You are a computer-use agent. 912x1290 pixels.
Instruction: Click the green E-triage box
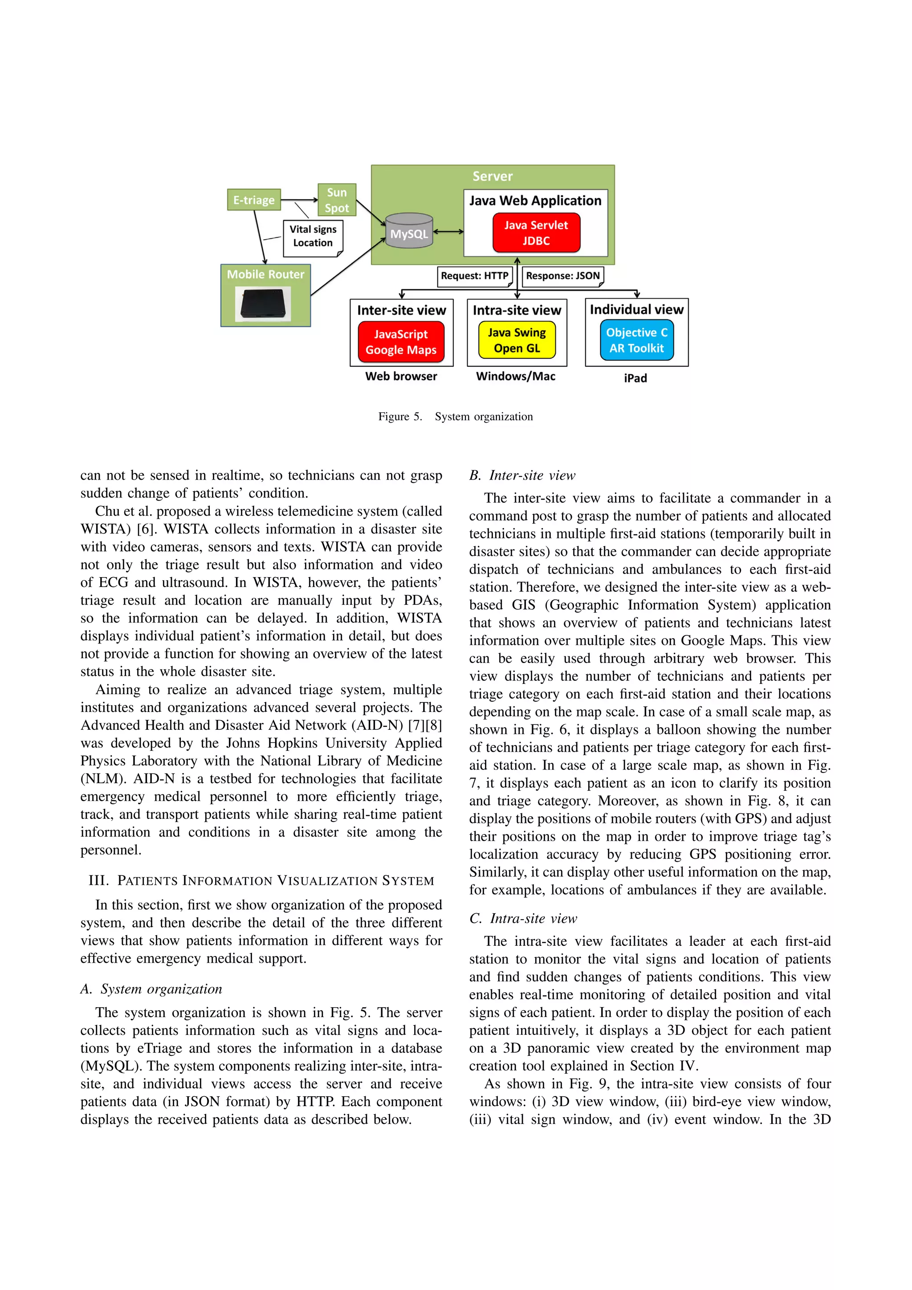254,200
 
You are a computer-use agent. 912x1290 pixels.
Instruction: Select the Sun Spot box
337,200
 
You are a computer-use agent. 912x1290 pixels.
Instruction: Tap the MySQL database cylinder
409,231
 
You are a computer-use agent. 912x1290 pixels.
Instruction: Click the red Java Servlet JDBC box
536,232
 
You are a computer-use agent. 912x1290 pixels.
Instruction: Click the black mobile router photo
264,305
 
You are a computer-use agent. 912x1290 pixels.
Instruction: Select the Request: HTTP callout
474,276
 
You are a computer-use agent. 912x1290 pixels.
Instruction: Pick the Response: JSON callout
562,276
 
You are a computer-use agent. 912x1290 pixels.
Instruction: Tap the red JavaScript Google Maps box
401,342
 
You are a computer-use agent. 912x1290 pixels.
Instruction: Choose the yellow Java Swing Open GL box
517,340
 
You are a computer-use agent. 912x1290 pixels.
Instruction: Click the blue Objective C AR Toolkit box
637,340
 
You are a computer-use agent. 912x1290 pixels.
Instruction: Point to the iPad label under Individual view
635,378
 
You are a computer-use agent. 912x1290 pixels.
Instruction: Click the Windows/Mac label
515,376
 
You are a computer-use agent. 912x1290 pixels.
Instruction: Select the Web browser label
401,376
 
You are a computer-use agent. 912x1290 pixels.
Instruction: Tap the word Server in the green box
492,176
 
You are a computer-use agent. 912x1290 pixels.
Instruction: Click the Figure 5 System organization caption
455,416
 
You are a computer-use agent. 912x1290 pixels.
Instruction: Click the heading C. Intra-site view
523,918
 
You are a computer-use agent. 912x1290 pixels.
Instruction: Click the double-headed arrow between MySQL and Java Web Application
448,232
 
